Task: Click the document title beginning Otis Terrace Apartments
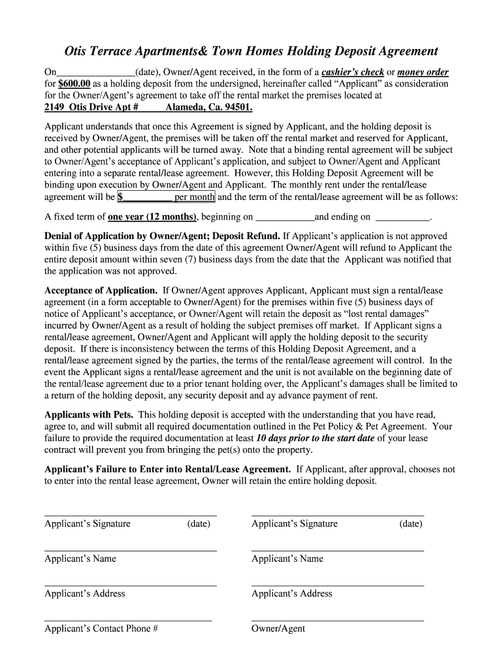coord(251,51)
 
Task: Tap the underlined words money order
coord(423,72)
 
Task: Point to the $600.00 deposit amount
coord(73,84)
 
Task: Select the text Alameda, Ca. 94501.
coord(208,107)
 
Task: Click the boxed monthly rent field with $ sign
coord(166,197)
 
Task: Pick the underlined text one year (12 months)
coord(152,217)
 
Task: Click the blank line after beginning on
coord(285,218)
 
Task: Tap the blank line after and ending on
coord(404,218)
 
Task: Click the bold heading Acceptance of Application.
coord(101,290)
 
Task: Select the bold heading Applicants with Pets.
coord(89,415)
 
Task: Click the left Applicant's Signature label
coord(88,524)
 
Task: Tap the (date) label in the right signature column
coord(411,524)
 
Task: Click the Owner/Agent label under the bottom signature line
coord(278,629)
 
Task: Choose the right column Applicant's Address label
coord(291,594)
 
